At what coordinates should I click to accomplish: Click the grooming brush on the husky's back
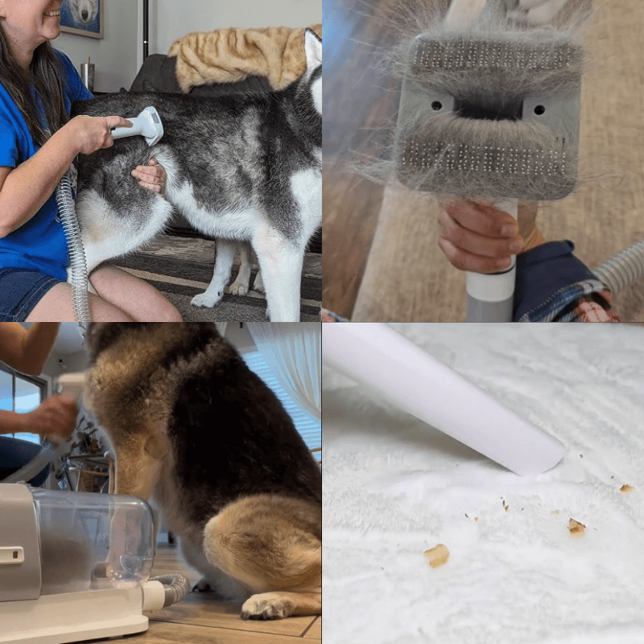[143, 125]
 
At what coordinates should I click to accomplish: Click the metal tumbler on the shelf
[87, 74]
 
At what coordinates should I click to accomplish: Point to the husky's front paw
[206, 299]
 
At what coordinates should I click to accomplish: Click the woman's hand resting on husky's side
[150, 175]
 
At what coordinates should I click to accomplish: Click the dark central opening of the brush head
[488, 105]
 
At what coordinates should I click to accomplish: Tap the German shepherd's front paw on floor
[262, 608]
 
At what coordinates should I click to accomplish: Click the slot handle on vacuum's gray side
[11, 555]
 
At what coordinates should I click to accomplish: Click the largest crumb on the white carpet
[436, 555]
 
